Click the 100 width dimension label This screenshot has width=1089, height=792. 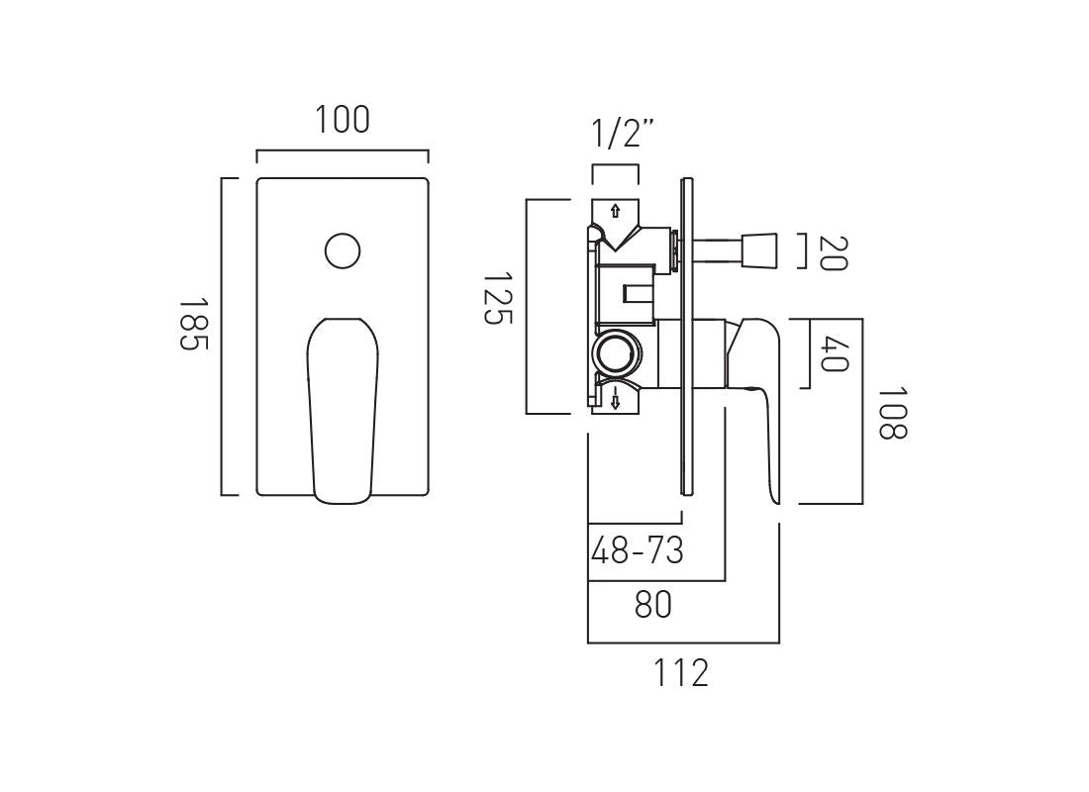tap(343, 120)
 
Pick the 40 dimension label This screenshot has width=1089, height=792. tap(835, 353)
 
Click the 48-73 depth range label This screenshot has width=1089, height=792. tap(637, 550)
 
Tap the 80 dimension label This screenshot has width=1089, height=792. tap(653, 604)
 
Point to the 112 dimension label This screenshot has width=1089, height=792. tap(681, 673)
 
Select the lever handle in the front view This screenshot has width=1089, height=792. tap(343, 406)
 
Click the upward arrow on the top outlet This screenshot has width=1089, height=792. tap(615, 211)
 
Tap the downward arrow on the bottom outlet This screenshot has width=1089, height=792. tap(615, 401)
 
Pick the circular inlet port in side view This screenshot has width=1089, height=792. tap(617, 352)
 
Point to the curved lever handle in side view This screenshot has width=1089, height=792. tap(763, 396)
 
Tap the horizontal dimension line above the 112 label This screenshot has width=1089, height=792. tap(683, 643)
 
